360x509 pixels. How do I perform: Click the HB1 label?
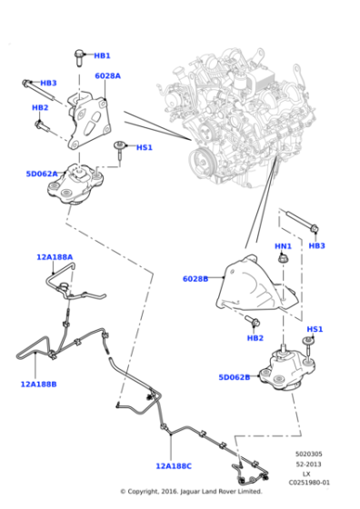click(102, 55)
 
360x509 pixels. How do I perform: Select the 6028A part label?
click(107, 76)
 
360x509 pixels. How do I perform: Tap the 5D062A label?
click(42, 174)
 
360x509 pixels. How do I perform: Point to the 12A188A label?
click(55, 257)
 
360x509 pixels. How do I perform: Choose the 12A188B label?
click(38, 384)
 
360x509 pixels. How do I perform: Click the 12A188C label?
click(173, 466)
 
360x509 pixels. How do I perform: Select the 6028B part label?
click(195, 279)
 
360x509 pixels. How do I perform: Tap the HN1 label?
click(283, 246)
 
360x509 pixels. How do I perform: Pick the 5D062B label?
click(234, 376)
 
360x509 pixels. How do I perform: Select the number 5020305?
click(307, 454)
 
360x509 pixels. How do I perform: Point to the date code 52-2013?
click(307, 464)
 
